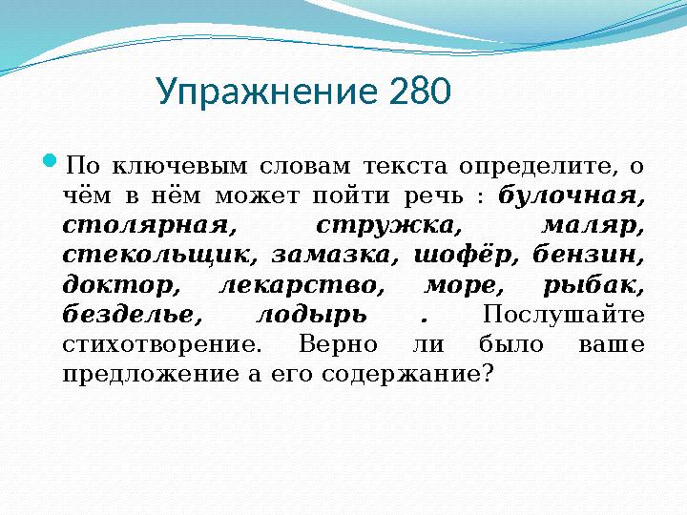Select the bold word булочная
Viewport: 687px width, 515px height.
[570, 196]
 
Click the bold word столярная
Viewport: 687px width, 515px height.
[148, 226]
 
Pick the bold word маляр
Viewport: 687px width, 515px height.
[592, 226]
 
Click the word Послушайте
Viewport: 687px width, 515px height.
[564, 315]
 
